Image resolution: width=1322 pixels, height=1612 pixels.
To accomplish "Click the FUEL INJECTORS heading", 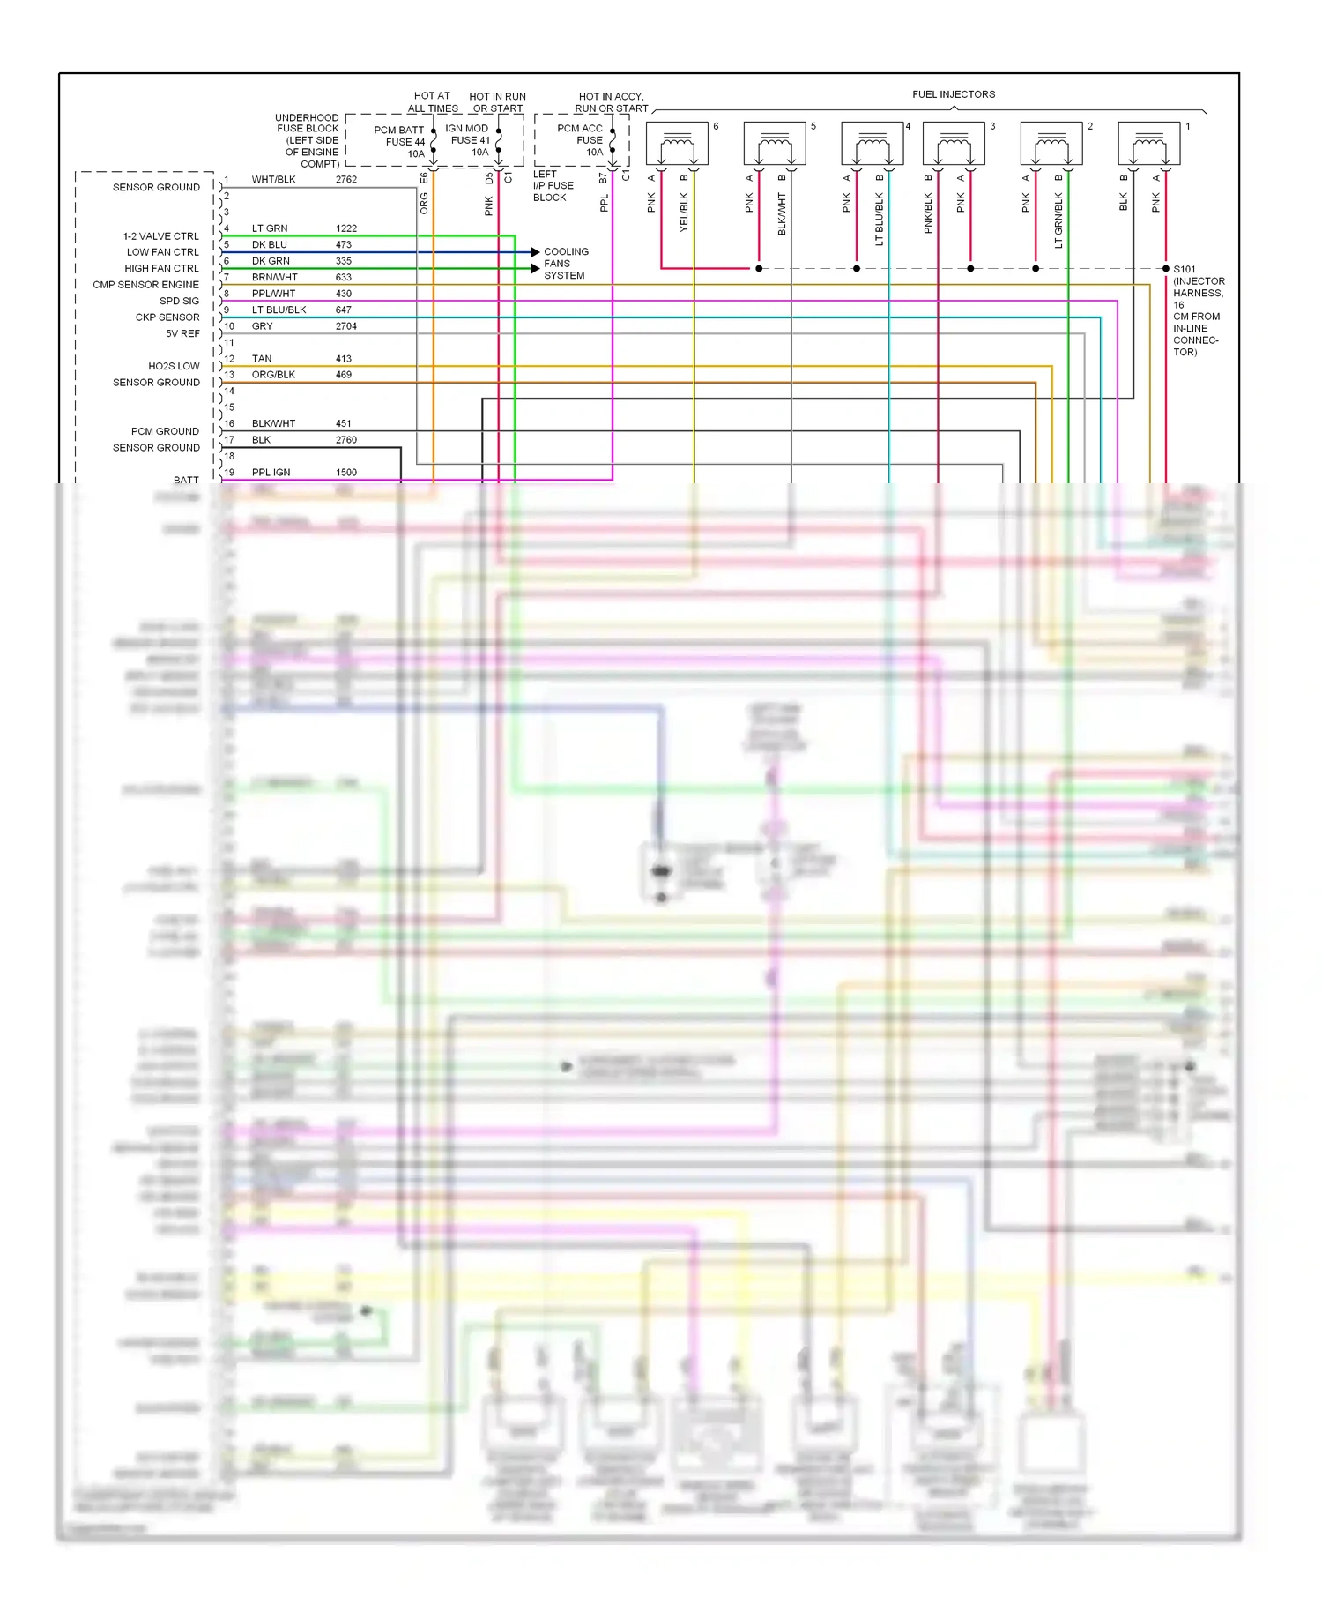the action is click(954, 94).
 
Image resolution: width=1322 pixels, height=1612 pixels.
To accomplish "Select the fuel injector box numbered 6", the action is click(677, 142).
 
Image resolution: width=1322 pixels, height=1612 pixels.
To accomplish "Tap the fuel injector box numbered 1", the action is click(1148, 142).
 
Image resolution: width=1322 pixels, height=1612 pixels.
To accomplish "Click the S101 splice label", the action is click(1185, 269).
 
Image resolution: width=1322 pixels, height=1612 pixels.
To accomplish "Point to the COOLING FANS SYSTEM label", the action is click(566, 264).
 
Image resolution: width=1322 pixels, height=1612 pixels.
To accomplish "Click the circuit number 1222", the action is click(345, 228).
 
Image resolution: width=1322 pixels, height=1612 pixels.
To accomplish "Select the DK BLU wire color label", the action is click(270, 245).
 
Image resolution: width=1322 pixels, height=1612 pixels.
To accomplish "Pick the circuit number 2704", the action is click(345, 326).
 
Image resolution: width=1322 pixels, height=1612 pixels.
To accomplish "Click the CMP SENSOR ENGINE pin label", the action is click(145, 285).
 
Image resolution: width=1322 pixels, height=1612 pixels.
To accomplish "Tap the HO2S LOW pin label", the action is click(174, 366).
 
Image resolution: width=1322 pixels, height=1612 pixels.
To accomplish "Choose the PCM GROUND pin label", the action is click(165, 431).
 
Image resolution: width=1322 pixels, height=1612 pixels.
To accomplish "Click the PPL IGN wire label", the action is click(271, 473).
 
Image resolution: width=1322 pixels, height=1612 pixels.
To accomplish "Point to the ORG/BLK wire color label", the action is click(273, 375).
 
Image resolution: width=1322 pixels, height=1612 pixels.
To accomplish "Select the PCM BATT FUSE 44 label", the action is click(403, 141).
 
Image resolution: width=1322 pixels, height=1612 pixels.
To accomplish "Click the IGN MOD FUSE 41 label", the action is click(468, 140).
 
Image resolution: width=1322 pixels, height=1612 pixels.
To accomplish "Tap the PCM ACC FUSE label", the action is click(581, 140).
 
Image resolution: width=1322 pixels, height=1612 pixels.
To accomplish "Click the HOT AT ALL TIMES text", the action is click(433, 102).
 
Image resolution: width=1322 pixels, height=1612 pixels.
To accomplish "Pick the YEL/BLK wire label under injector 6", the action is click(684, 213).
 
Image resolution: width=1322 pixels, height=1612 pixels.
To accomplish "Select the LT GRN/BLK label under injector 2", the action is click(1058, 220).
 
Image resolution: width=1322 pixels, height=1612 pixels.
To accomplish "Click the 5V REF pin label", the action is click(182, 333).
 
